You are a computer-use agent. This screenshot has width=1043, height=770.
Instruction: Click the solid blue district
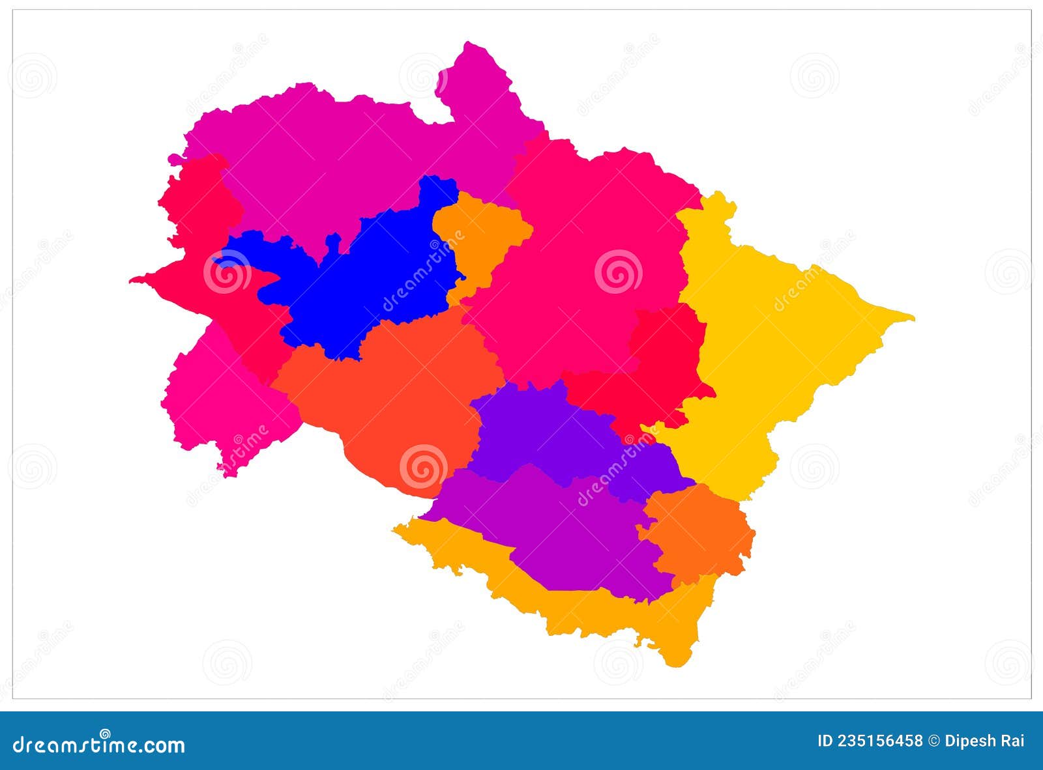coord(365,280)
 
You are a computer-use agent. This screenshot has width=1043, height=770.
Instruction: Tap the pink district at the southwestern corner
coord(222,397)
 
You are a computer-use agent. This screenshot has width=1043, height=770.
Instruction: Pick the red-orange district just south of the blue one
coord(404,391)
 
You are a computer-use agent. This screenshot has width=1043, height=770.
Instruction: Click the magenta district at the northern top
coord(339,156)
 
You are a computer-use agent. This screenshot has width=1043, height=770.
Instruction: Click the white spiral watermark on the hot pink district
coord(618,272)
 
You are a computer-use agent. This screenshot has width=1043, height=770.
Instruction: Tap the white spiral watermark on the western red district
coord(227,272)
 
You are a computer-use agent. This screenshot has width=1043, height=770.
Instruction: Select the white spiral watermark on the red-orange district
coord(423,467)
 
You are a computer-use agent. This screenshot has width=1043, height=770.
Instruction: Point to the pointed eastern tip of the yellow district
coord(912,318)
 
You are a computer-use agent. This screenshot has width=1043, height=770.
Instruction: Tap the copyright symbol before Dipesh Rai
coord(934,741)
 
